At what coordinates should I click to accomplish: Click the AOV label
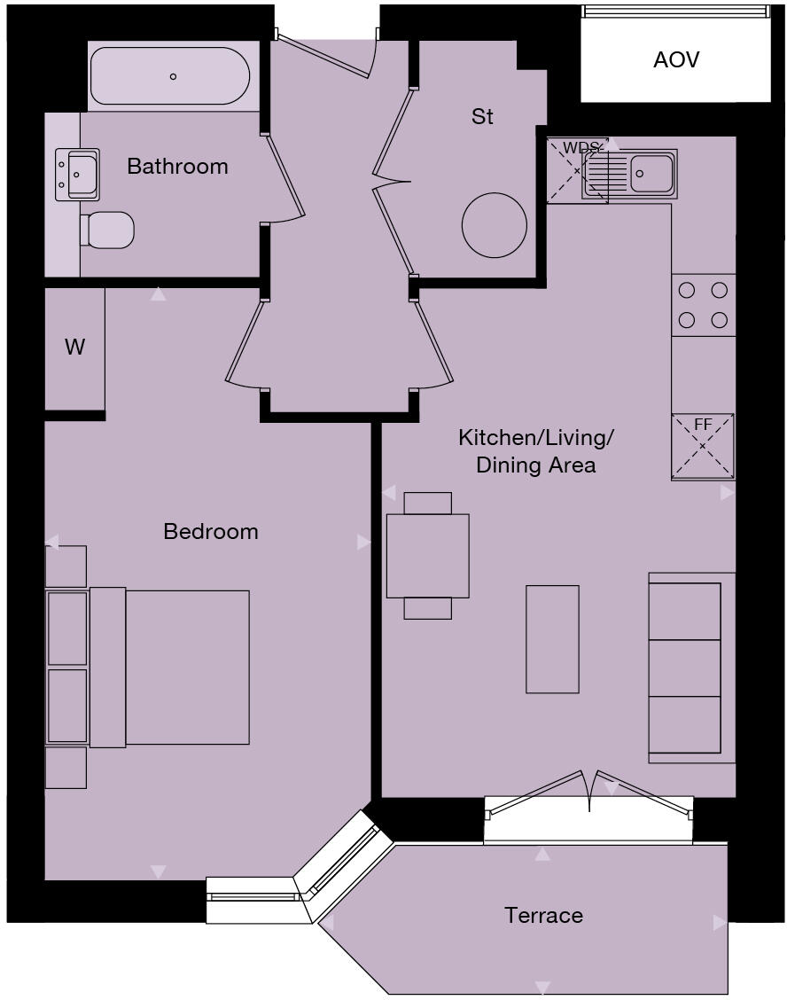(x=675, y=60)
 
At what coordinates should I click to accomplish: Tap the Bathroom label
(x=177, y=167)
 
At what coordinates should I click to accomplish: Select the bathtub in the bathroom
(x=171, y=76)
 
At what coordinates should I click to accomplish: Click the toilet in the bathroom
(x=108, y=230)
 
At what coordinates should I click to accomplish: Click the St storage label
(x=482, y=117)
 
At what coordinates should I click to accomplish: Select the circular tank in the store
(x=494, y=225)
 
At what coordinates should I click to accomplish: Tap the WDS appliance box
(x=577, y=171)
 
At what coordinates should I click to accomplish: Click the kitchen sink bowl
(x=652, y=173)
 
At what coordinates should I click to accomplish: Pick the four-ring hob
(x=704, y=305)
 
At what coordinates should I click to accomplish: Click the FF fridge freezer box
(x=703, y=445)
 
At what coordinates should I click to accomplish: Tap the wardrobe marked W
(x=75, y=348)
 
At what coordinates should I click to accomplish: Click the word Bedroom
(x=211, y=532)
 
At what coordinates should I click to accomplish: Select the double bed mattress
(x=187, y=667)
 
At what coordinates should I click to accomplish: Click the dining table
(x=427, y=556)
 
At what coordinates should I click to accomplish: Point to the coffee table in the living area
(x=552, y=638)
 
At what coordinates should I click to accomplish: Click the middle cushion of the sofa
(x=684, y=668)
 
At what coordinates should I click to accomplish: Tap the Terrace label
(x=543, y=916)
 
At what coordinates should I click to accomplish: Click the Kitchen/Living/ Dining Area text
(x=535, y=451)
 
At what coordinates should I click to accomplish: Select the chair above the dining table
(x=427, y=503)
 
